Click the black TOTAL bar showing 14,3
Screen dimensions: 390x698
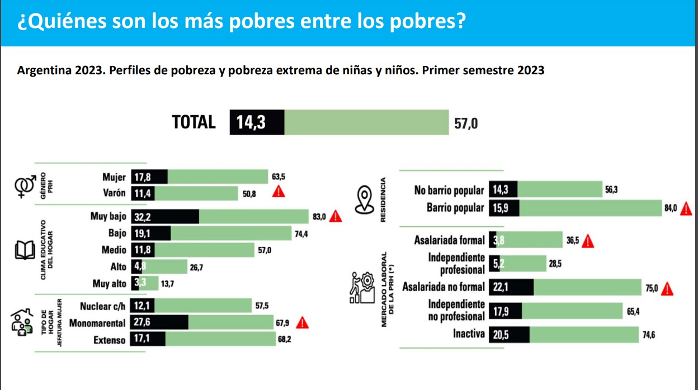(x=257, y=122)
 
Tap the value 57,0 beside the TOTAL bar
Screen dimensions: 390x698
(x=466, y=123)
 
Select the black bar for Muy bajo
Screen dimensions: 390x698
(x=165, y=216)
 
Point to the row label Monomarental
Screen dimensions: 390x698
(x=98, y=323)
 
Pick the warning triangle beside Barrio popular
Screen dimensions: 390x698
(x=686, y=208)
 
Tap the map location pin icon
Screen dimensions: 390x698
(x=365, y=199)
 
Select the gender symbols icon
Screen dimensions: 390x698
(x=24, y=184)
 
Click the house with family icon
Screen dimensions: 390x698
(x=21, y=323)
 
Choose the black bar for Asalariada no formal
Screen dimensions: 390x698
(x=511, y=287)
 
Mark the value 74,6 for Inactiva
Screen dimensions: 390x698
(x=650, y=335)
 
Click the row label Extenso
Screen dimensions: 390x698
(x=110, y=340)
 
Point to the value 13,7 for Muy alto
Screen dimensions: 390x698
(x=167, y=284)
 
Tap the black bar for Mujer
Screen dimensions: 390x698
(x=149, y=177)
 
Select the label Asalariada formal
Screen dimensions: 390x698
(x=449, y=240)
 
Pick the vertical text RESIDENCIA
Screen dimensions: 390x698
(x=383, y=199)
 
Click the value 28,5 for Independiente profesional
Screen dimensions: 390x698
(x=555, y=264)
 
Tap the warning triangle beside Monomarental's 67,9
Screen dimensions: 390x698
(x=302, y=322)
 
